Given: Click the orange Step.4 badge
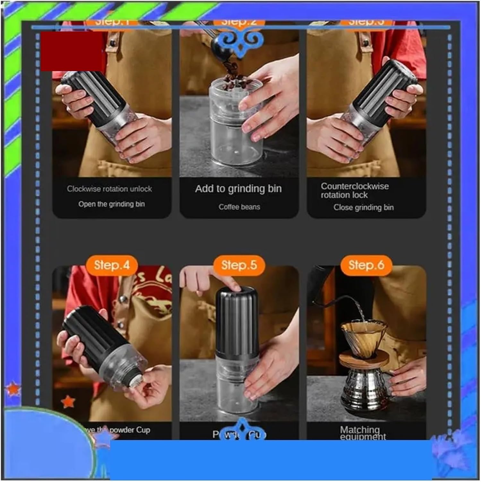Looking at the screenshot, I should (x=112, y=265).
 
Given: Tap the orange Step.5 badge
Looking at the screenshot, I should (x=239, y=265).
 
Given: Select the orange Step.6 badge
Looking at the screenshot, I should (x=366, y=265).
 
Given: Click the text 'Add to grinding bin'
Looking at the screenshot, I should (x=238, y=189).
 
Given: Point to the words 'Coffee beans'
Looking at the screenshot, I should (x=239, y=207).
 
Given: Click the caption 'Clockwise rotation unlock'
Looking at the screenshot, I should (x=109, y=189).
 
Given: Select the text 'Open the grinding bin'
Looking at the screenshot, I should (x=111, y=204).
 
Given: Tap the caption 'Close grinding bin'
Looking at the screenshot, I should (x=363, y=208).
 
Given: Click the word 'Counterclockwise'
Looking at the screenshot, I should (x=355, y=186).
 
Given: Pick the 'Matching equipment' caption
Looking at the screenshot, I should (x=362, y=433).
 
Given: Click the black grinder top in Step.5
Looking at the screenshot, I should (x=237, y=321).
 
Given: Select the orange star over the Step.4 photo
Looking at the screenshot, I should (x=68, y=402).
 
